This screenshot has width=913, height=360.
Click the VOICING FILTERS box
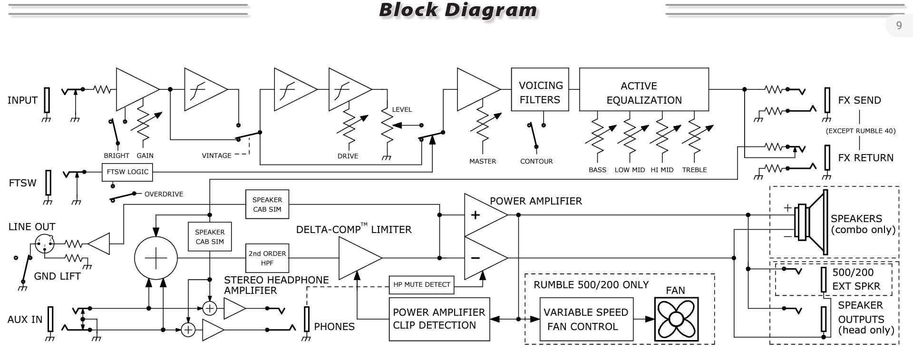[540, 89]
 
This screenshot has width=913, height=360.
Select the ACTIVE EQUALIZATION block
[644, 89]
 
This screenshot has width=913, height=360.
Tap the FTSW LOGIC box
[127, 172]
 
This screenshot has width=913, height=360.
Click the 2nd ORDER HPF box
[267, 258]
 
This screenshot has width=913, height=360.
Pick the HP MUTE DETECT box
[421, 285]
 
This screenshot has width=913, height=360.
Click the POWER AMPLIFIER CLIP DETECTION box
[439, 319]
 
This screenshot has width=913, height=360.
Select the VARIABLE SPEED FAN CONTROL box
[586, 319]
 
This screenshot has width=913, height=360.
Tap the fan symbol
[676, 319]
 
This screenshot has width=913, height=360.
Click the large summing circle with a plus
[156, 258]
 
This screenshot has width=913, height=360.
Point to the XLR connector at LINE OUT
[45, 244]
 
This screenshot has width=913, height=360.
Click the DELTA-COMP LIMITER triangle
[360, 258]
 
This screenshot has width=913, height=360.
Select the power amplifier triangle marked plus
[486, 215]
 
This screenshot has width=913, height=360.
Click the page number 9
[899, 26]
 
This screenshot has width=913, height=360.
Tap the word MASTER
[483, 161]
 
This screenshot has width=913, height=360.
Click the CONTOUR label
[536, 161]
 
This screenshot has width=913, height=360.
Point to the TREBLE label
[694, 170]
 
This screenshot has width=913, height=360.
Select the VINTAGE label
[216, 156]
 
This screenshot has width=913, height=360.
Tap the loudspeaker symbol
[812, 222]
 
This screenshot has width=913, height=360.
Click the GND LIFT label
[57, 276]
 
